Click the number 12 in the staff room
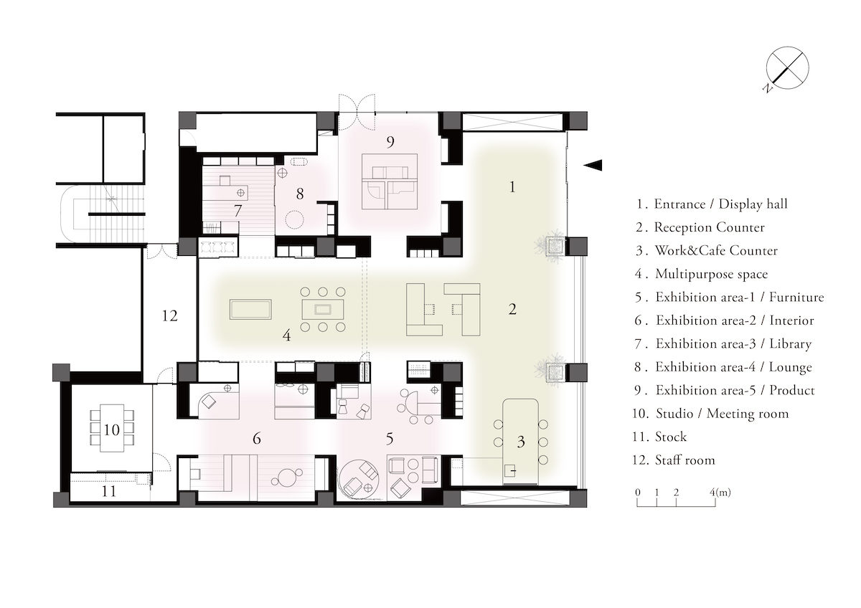tap(169, 315)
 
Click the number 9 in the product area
tap(390, 142)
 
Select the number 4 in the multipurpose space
tap(286, 334)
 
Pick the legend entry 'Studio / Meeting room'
tap(721, 414)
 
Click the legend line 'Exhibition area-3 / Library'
tap(733, 343)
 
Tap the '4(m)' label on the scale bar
tap(720, 493)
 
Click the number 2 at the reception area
tap(512, 310)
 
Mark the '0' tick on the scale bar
tap(638, 493)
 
